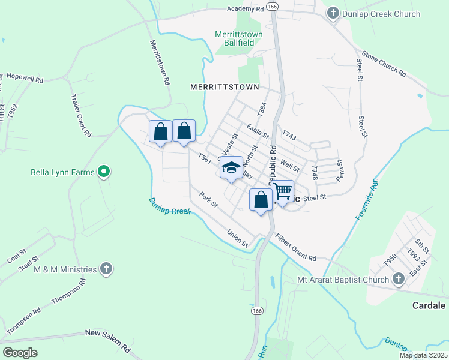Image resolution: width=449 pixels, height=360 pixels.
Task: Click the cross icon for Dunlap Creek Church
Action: coord(333,14)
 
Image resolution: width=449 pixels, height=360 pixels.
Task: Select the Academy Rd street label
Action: coord(246,9)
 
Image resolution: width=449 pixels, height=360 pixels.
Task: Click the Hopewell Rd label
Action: coord(25,78)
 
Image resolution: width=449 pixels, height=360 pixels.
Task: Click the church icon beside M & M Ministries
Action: coord(106,269)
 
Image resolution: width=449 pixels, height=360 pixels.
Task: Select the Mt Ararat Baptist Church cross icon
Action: coord(398,279)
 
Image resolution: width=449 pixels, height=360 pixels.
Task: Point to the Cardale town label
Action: coord(429,305)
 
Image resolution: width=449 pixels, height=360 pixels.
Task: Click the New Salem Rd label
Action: coord(107,340)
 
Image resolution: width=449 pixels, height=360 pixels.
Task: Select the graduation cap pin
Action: coord(231,168)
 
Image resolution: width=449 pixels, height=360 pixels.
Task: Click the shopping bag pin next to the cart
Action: coord(261,200)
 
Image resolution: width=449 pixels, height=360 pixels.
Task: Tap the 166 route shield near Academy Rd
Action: coord(273,6)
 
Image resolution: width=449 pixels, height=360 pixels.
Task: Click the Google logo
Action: coord(20,353)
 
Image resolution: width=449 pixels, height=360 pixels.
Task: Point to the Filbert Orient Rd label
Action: coord(295,247)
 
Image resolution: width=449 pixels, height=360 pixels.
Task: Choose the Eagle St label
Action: coord(258,130)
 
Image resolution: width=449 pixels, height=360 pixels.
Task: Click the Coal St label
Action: coord(16,256)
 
